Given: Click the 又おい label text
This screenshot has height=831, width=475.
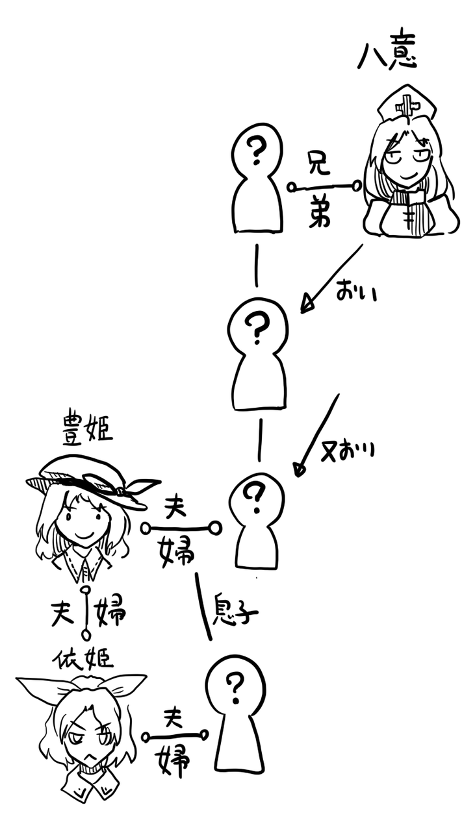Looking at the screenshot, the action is (349, 448).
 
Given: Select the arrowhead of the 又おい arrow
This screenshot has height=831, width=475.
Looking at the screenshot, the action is (299, 469).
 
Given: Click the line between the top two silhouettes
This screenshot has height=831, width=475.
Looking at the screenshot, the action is (257, 265).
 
